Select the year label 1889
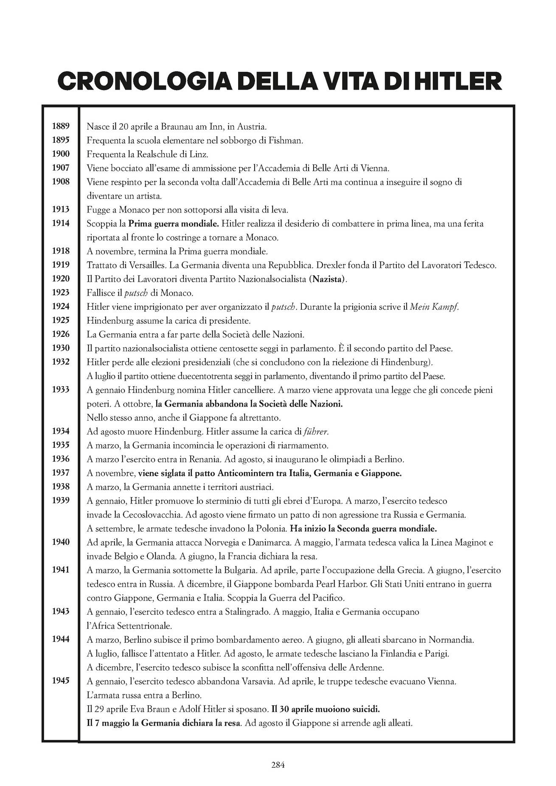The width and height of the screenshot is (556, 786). [x=61, y=126]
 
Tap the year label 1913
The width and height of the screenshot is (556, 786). [x=61, y=209]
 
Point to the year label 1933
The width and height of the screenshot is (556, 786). [x=61, y=390]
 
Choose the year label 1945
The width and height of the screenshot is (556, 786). [x=61, y=681]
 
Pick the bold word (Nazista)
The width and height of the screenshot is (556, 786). [x=328, y=279]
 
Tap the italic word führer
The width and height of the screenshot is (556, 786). [x=317, y=432]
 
